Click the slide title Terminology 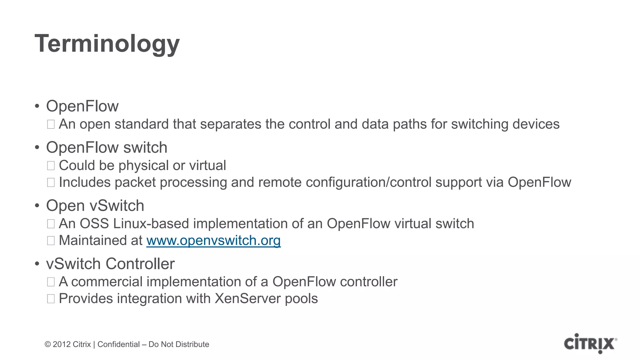point(107,44)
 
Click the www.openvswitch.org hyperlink point(213,241)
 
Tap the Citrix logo point(590,344)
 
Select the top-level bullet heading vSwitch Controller point(110,264)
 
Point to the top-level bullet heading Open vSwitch point(95,206)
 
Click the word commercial point(107,282)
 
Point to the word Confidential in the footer point(118,344)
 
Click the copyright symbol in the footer point(48,344)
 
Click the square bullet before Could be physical point(51,166)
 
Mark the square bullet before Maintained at point(51,241)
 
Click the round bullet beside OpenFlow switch point(37,147)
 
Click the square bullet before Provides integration point(51,299)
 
